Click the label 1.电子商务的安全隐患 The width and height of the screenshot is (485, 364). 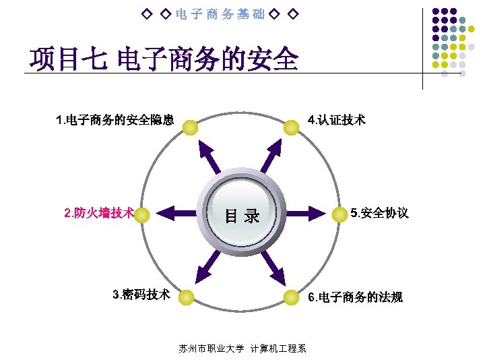[x=115, y=121]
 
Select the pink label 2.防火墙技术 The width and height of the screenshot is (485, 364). [x=98, y=214]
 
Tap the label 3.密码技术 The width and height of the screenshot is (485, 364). [x=141, y=295]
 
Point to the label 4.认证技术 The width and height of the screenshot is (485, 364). [x=336, y=121]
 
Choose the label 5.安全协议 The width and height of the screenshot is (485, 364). [x=379, y=214]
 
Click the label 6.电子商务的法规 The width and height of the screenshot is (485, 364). [x=355, y=297]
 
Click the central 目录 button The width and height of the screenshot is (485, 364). [x=242, y=215]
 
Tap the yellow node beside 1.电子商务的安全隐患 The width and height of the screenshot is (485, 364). [x=191, y=127]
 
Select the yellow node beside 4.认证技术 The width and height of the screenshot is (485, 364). [x=291, y=127]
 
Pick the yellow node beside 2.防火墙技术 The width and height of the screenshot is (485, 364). [x=142, y=214]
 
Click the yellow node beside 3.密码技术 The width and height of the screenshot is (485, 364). [x=187, y=297]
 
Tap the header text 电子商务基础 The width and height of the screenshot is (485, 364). [x=220, y=13]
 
